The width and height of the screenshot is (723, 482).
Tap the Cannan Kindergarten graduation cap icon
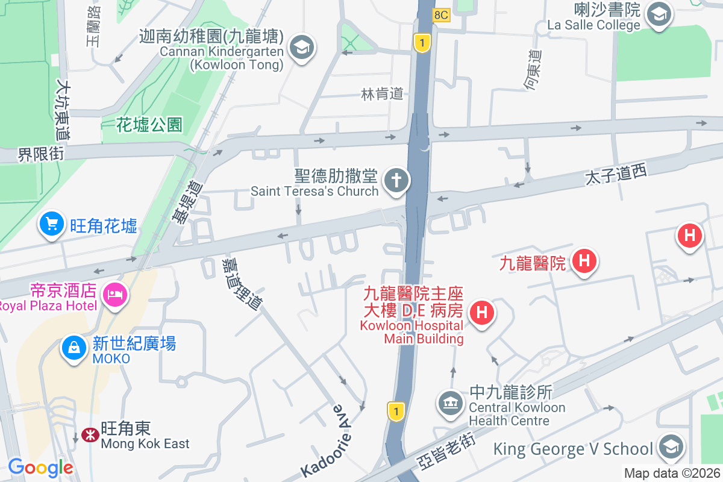click(x=301, y=47)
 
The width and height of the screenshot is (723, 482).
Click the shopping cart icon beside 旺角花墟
click(x=52, y=225)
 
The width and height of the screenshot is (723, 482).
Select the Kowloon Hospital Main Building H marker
click(x=481, y=313)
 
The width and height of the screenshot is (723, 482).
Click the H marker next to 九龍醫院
click(x=583, y=261)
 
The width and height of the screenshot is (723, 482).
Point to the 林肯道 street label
click(x=382, y=94)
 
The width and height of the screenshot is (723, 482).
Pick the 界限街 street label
click(x=41, y=155)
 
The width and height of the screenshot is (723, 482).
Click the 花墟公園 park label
click(x=149, y=125)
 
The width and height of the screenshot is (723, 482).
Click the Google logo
click(x=40, y=467)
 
